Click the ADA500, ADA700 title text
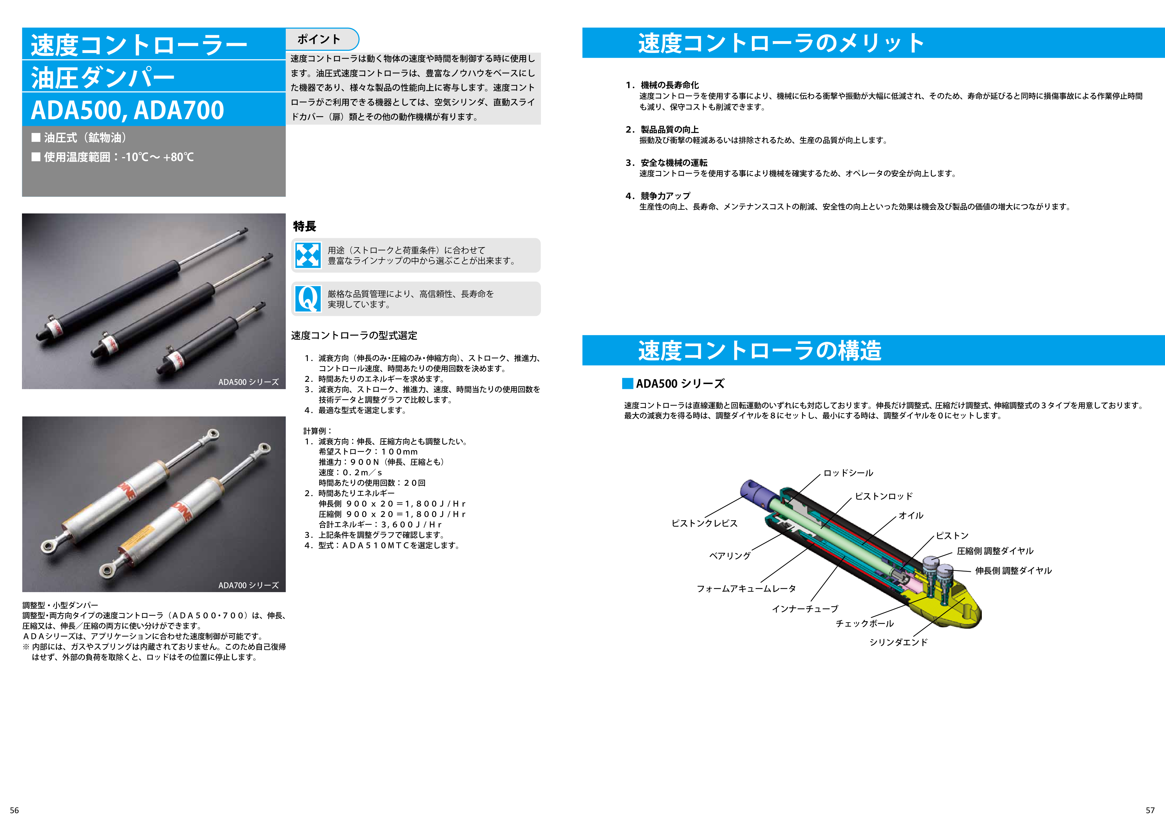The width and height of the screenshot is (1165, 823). [x=127, y=110]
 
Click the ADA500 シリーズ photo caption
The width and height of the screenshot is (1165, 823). [x=248, y=382]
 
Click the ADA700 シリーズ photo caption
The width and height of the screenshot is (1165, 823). [x=248, y=585]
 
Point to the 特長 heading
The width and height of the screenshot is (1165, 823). [x=304, y=226]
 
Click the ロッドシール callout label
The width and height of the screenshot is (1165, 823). [x=848, y=473]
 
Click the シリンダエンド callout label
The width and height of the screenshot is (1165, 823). [x=898, y=642]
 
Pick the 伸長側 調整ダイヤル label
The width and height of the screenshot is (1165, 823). [x=1013, y=570]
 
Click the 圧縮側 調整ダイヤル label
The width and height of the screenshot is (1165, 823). [x=995, y=551]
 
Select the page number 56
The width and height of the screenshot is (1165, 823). [x=14, y=810]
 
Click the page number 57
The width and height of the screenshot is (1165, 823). [x=1150, y=810]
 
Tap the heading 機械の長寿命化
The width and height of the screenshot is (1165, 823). [x=669, y=85]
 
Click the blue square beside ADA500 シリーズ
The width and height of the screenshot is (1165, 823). [x=628, y=383]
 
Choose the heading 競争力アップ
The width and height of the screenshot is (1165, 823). [x=665, y=196]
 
